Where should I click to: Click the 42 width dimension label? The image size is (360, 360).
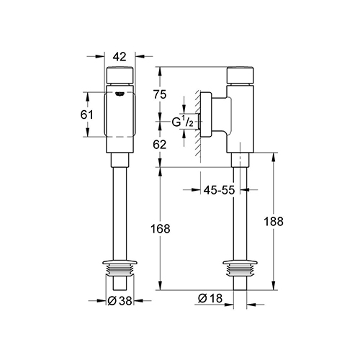click(x=120, y=57)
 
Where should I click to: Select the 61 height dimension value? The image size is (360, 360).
click(x=86, y=114)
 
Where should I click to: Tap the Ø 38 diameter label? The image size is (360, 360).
click(x=120, y=300)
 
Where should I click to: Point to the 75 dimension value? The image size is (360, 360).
click(x=160, y=94)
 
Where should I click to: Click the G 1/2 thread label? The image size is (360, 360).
click(x=183, y=122)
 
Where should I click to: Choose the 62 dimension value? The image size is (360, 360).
click(x=160, y=145)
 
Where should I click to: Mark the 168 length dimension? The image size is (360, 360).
click(x=160, y=229)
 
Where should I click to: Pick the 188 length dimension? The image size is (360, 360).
click(x=274, y=221)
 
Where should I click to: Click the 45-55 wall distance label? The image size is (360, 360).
click(x=219, y=190)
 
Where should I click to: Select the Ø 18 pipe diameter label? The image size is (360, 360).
click(x=210, y=298)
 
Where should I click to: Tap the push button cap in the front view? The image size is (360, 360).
click(x=120, y=75)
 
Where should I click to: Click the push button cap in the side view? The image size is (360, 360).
click(x=240, y=75)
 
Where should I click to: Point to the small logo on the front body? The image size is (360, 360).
click(x=120, y=94)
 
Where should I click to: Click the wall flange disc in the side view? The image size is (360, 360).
click(x=206, y=114)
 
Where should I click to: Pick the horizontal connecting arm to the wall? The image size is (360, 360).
click(x=222, y=114)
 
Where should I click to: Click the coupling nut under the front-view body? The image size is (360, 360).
click(x=120, y=160)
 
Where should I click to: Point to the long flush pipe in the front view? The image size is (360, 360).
click(x=120, y=214)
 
